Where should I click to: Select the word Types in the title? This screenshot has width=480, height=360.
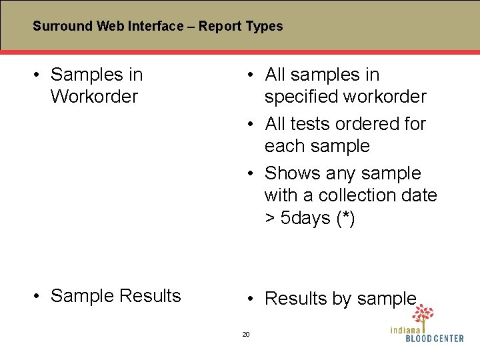click(265, 27)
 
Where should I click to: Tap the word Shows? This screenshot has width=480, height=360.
click(293, 173)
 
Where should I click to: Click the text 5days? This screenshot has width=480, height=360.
click(305, 218)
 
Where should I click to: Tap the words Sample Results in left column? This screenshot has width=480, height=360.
click(115, 296)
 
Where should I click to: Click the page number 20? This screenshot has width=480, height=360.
click(245, 334)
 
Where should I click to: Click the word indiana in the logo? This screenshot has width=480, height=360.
click(406, 329)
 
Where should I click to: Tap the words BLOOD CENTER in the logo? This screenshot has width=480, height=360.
click(434, 339)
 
